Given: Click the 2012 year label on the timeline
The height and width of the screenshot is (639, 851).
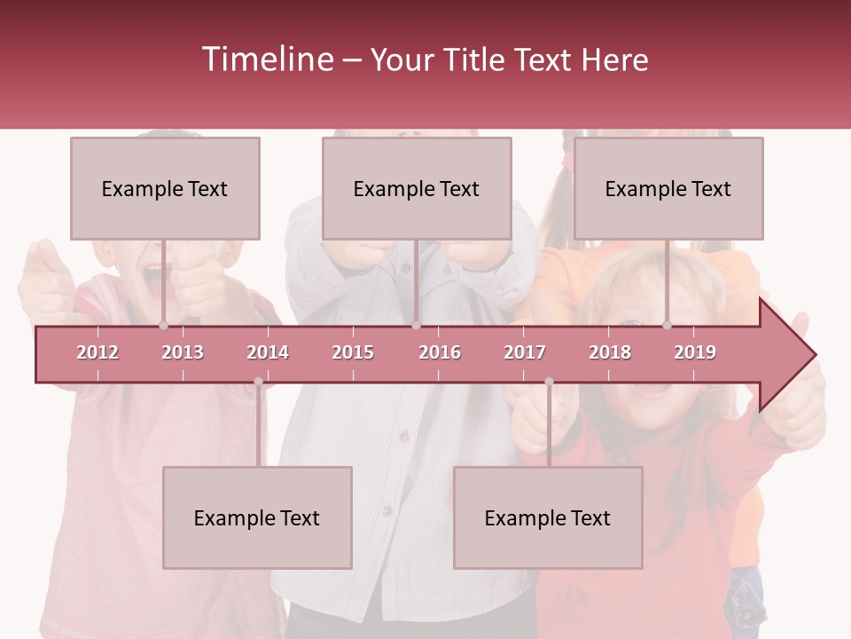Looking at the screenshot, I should (x=98, y=352).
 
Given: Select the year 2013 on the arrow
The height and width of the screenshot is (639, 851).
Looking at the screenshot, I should (x=183, y=352).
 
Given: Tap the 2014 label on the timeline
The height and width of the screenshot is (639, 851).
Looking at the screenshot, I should (x=268, y=352).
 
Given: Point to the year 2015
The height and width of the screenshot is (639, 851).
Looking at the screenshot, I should (x=353, y=352).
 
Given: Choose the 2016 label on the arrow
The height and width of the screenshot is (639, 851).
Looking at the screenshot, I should (x=440, y=352).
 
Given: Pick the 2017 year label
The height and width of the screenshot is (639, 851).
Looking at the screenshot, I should (x=525, y=352).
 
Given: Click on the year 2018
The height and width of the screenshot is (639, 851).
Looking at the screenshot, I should (x=610, y=352).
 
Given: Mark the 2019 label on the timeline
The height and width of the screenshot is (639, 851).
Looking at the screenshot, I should (x=695, y=352).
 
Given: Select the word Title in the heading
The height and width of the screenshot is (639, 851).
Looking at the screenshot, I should (x=474, y=59).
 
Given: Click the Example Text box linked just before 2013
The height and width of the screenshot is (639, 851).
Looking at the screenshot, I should (x=165, y=188).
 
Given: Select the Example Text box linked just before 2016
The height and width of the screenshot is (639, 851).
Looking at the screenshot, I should (x=417, y=188).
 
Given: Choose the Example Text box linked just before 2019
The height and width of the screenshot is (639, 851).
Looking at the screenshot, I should (x=668, y=188).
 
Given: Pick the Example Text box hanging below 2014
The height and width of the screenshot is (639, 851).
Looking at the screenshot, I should (x=257, y=517).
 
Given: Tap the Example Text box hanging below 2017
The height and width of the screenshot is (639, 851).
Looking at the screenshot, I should (x=548, y=517).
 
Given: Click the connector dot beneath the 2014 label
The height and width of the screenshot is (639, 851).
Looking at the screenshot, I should (x=258, y=382).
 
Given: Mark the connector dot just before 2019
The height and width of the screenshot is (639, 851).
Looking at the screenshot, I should (x=667, y=325).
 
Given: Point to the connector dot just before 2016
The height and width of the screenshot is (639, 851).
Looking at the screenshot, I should (x=416, y=325).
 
